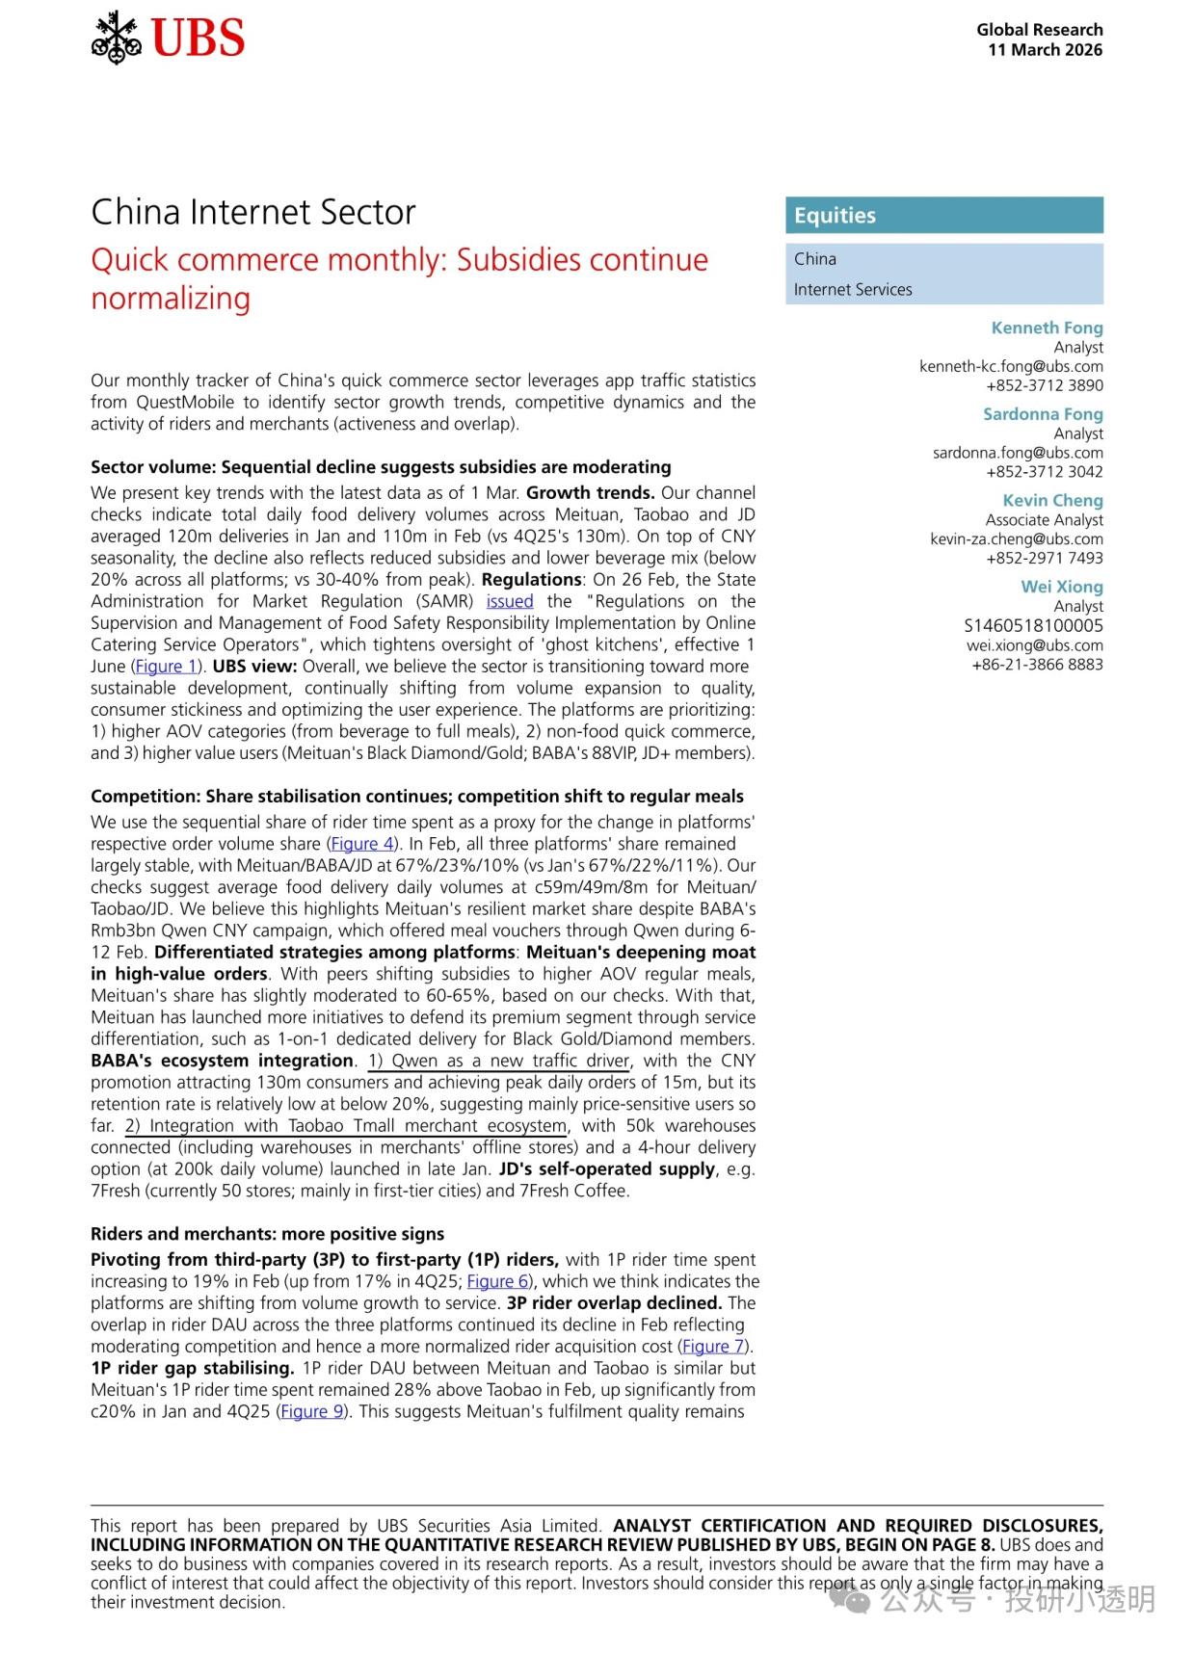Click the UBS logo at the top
click(x=169, y=39)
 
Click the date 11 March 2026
click(x=1045, y=50)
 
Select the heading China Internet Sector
click(x=253, y=212)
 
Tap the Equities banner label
click(x=835, y=216)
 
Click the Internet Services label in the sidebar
click(x=852, y=289)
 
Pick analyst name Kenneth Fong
click(x=1047, y=328)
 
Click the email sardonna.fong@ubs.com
click(x=1018, y=453)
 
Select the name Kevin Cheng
click(x=1052, y=500)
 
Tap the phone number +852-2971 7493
click(x=1044, y=558)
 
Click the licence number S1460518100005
click(x=1033, y=625)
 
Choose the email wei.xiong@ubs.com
click(x=1034, y=644)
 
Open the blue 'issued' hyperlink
click(x=510, y=601)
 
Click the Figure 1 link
click(x=166, y=667)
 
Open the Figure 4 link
click(x=362, y=844)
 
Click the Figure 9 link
click(x=312, y=1411)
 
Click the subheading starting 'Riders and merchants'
click(x=267, y=1234)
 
